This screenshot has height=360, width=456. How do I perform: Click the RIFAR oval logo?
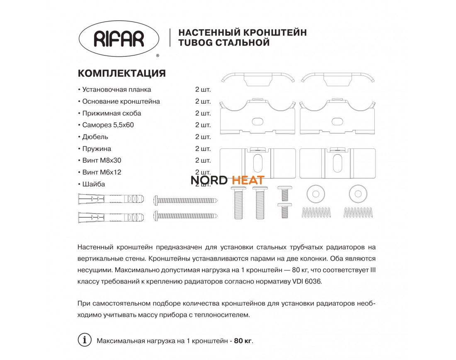[x=119, y=38]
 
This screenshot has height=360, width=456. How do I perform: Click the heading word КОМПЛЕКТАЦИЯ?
[x=122, y=73]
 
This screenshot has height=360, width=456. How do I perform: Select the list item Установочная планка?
[x=116, y=90]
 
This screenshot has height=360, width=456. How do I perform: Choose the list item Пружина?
[x=97, y=148]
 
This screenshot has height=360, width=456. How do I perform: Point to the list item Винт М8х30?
[x=102, y=161]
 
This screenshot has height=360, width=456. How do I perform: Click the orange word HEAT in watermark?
[x=248, y=180]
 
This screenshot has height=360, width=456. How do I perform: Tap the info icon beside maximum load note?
[x=85, y=340]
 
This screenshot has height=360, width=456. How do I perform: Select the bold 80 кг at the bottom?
[x=243, y=341]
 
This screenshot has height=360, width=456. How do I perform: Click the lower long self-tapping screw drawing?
[x=186, y=215]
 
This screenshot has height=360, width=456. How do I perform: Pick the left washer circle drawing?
[x=316, y=193]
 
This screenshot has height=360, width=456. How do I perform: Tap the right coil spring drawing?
[x=359, y=212]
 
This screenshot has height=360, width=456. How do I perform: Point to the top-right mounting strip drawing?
[x=338, y=79]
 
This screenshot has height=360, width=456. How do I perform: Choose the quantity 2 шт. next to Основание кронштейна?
[x=203, y=102]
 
